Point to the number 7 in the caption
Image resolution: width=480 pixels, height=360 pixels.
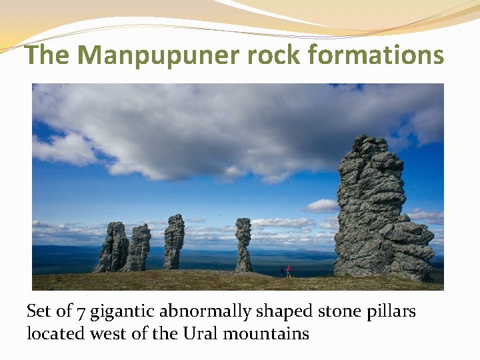(80, 311)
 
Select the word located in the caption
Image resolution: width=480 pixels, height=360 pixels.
(51, 333)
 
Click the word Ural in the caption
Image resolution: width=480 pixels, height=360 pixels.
(199, 333)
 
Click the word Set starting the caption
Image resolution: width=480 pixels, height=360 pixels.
(38, 311)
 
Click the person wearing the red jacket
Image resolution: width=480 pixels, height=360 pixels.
(289, 271)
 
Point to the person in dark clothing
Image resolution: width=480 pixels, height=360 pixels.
(282, 271)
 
